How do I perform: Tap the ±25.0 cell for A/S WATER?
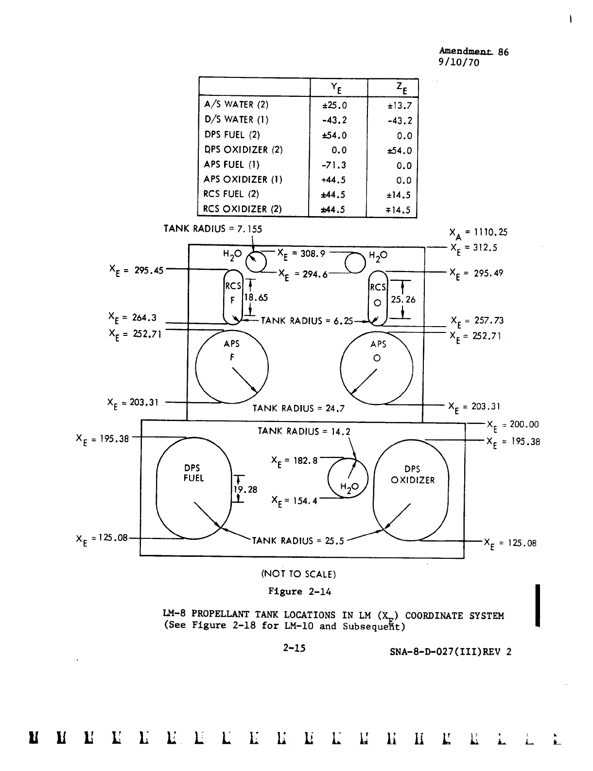tap(335, 105)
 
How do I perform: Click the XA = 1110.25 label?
tap(479, 233)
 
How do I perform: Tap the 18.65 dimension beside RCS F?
tap(256, 298)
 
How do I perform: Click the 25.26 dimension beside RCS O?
tap(403, 300)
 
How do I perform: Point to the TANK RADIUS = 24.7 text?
tap(298, 408)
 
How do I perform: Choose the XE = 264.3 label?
tap(132, 319)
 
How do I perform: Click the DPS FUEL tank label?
tap(193, 473)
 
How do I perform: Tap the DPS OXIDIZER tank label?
tap(413, 475)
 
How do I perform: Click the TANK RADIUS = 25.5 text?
tap(297, 540)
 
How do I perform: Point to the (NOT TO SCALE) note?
tap(299, 573)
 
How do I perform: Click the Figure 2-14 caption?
tap(300, 591)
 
